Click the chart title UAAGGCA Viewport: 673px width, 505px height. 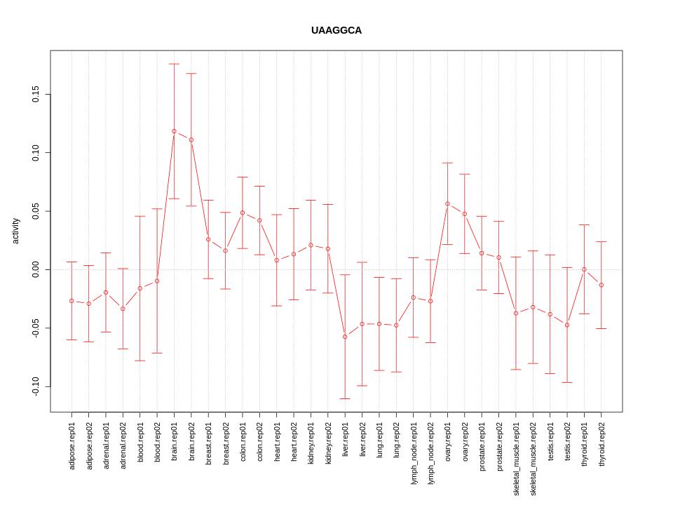(x=336, y=31)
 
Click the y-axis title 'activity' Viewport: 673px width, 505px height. (x=16, y=231)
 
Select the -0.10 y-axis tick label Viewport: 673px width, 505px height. (x=36, y=386)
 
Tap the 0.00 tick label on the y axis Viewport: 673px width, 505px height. (x=36, y=269)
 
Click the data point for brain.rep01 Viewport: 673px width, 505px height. (x=174, y=131)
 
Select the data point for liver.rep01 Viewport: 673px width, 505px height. (x=345, y=337)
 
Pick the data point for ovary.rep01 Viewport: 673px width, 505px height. (x=447, y=203)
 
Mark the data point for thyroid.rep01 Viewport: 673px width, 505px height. (x=584, y=269)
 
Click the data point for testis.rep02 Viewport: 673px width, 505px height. (x=567, y=325)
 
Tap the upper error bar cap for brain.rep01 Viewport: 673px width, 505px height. (x=174, y=64)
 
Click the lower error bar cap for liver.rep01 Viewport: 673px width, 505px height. (x=345, y=398)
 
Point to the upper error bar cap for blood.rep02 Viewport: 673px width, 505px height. (x=157, y=208)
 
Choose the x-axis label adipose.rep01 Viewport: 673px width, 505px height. (x=72, y=445)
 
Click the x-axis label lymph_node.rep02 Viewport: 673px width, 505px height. (x=430, y=453)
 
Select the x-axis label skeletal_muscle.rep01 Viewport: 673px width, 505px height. (x=516, y=459)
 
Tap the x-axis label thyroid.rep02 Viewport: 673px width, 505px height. (x=601, y=445)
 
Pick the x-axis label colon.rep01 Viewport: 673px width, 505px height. (x=243, y=442)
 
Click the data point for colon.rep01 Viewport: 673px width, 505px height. (x=243, y=213)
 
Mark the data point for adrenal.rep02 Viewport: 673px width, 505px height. (x=123, y=309)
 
